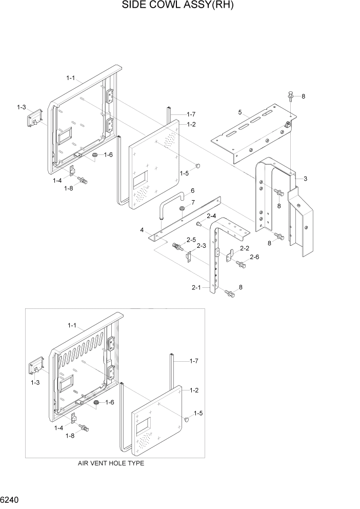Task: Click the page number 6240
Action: coord(11,499)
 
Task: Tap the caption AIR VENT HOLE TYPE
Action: coord(111,463)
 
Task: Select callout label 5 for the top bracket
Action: coord(239,112)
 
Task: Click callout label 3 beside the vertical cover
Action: coord(305,179)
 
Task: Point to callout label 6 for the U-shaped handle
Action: coord(192,191)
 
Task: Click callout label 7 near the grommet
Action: coord(192,203)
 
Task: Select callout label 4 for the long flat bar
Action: coord(141,230)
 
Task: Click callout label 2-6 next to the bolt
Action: coord(254,257)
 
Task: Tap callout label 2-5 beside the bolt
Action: coord(191,240)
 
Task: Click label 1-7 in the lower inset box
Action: coord(194,362)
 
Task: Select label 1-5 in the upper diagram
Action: coord(185,173)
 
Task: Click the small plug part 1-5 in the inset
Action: coord(187,419)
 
